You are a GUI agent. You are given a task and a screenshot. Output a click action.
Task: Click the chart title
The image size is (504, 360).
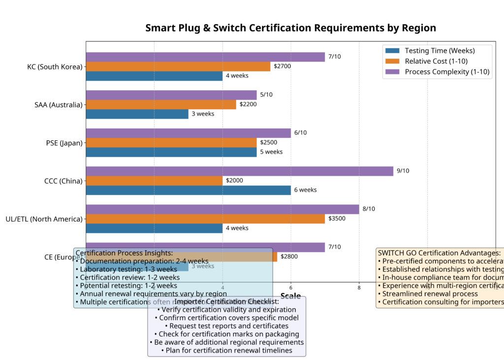tap(290, 28)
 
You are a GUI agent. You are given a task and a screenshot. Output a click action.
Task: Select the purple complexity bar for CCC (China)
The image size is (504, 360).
tap(239, 171)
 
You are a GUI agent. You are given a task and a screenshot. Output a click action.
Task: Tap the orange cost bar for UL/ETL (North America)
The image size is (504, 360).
tap(205, 219)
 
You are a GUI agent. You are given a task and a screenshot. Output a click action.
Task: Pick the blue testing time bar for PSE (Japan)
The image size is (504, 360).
tap(171, 152)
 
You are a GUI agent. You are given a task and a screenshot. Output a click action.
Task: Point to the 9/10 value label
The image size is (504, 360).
tap(403, 171)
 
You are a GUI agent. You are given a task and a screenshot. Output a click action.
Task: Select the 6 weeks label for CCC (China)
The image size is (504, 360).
tap(305, 190)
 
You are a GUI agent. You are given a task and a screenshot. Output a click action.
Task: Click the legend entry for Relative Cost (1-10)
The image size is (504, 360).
tap(436, 61)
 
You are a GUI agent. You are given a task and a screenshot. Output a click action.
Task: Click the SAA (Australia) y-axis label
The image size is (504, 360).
tap(58, 104)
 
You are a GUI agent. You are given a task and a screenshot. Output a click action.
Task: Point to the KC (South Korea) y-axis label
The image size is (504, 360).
tap(55, 66)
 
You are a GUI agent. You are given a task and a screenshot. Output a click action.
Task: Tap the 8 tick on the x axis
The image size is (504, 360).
tap(359, 288)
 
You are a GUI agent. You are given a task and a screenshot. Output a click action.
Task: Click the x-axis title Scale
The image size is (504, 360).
tap(290, 296)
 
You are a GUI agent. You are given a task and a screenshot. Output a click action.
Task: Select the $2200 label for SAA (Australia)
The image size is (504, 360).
tap(248, 104)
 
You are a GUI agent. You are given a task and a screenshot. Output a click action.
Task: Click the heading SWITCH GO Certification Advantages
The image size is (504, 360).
tap(439, 253)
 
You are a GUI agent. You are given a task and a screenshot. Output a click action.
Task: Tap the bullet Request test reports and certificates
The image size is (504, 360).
tap(226, 326)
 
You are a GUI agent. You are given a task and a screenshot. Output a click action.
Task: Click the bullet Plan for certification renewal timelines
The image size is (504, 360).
tap(226, 351)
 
